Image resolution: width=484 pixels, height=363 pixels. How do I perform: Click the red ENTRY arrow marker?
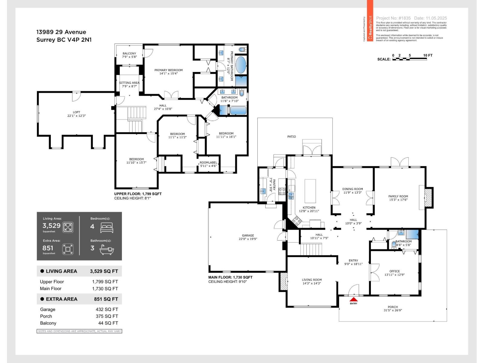[x=353, y=299]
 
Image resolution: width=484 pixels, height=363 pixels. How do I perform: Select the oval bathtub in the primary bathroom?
[x=241, y=65]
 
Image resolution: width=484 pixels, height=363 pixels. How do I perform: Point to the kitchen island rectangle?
[x=310, y=191]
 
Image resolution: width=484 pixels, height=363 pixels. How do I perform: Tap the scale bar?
[x=409, y=59]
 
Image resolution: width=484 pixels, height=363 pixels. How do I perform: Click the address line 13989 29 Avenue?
[x=61, y=32]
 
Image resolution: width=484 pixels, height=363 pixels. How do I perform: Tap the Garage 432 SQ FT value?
[x=107, y=309]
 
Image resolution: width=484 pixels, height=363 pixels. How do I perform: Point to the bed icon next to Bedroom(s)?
[x=106, y=227]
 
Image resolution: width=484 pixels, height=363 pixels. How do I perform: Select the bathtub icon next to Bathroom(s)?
[x=106, y=250]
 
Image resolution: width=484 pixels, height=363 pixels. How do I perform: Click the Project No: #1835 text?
[x=393, y=18]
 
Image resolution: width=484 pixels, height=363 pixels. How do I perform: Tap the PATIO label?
[x=291, y=137]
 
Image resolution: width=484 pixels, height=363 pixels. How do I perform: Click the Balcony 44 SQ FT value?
[x=108, y=323]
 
